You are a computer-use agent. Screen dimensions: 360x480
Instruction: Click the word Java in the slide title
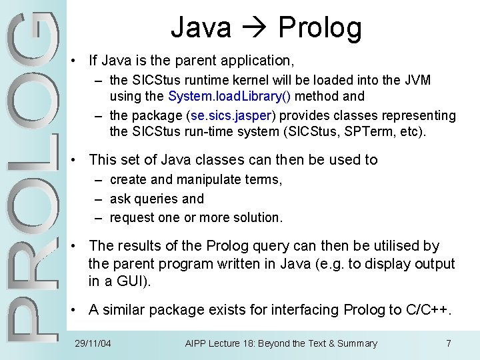coord(201,28)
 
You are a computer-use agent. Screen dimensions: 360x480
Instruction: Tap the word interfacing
coord(306,309)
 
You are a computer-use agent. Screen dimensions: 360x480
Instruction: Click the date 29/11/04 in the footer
coord(93,343)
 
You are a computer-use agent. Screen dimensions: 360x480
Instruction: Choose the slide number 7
coord(448,343)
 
